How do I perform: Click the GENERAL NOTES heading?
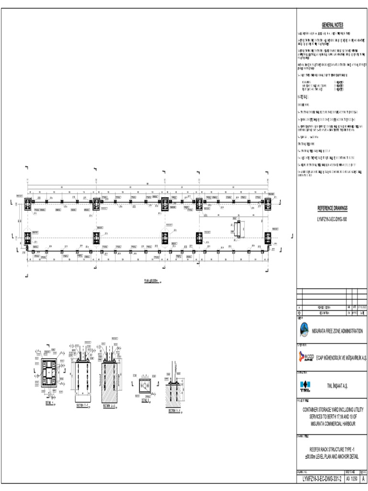(332, 25)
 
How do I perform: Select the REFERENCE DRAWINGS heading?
(332, 208)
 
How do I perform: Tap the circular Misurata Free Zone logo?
(305, 330)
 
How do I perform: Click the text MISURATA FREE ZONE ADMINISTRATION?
(337, 331)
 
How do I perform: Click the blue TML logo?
(305, 385)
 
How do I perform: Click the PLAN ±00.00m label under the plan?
(151, 281)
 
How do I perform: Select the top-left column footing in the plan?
(28, 202)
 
